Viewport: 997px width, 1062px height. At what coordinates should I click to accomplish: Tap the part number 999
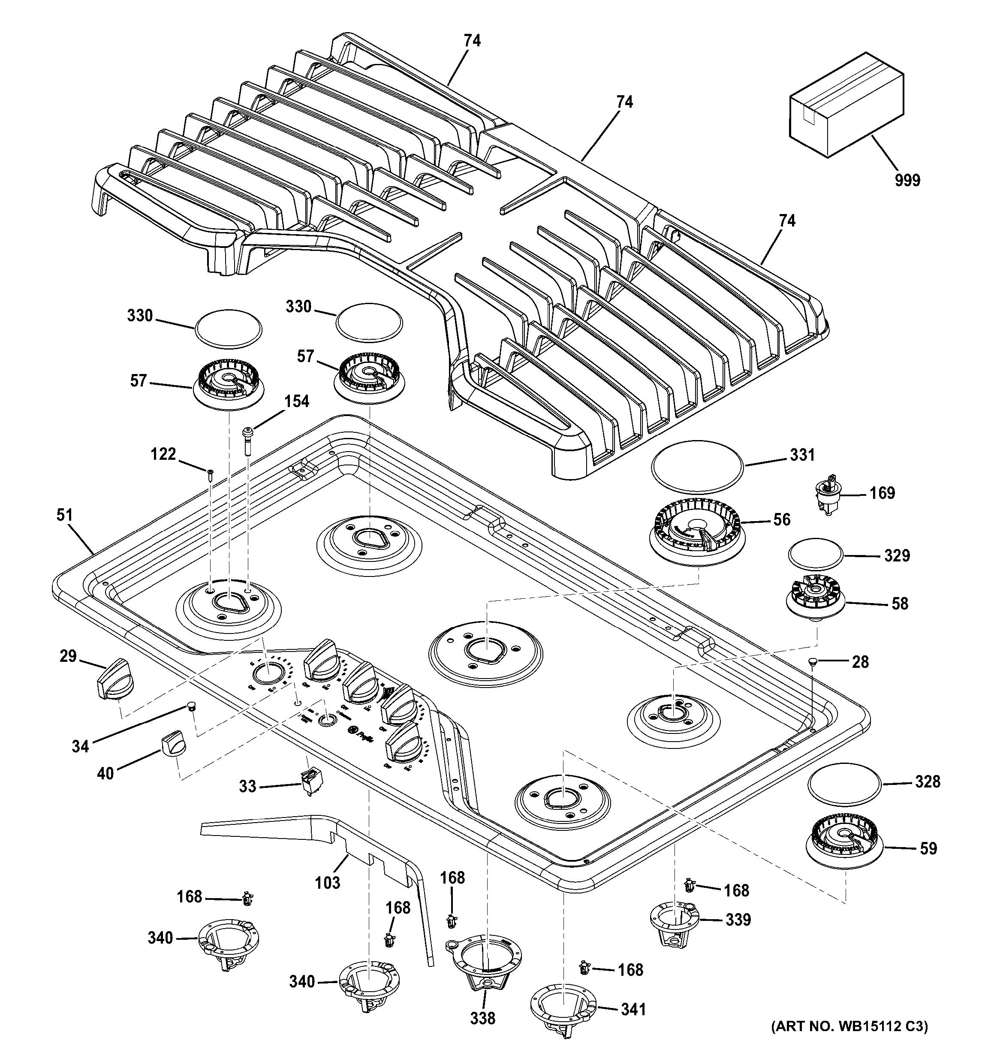coord(907,181)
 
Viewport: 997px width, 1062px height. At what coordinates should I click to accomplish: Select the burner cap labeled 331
coord(696,466)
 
